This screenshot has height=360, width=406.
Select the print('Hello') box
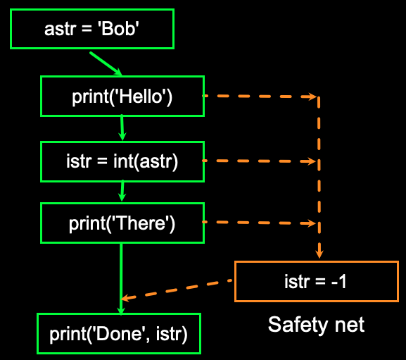tap(122, 96)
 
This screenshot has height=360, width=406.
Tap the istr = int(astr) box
tap(122, 161)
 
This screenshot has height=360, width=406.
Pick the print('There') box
tap(122, 223)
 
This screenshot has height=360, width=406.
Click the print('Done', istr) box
tap(118, 333)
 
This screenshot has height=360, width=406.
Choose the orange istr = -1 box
tap(316, 282)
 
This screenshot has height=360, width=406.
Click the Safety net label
tap(316, 325)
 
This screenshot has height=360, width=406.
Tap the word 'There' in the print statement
tap(141, 224)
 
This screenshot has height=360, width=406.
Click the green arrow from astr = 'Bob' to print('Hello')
tap(106, 63)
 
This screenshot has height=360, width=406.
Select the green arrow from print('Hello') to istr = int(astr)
tap(122, 128)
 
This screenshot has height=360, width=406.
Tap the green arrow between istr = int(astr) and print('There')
tap(122, 190)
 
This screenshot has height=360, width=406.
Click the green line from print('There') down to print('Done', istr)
tap(121, 275)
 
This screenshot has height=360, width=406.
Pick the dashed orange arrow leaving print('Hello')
tap(260, 96)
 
